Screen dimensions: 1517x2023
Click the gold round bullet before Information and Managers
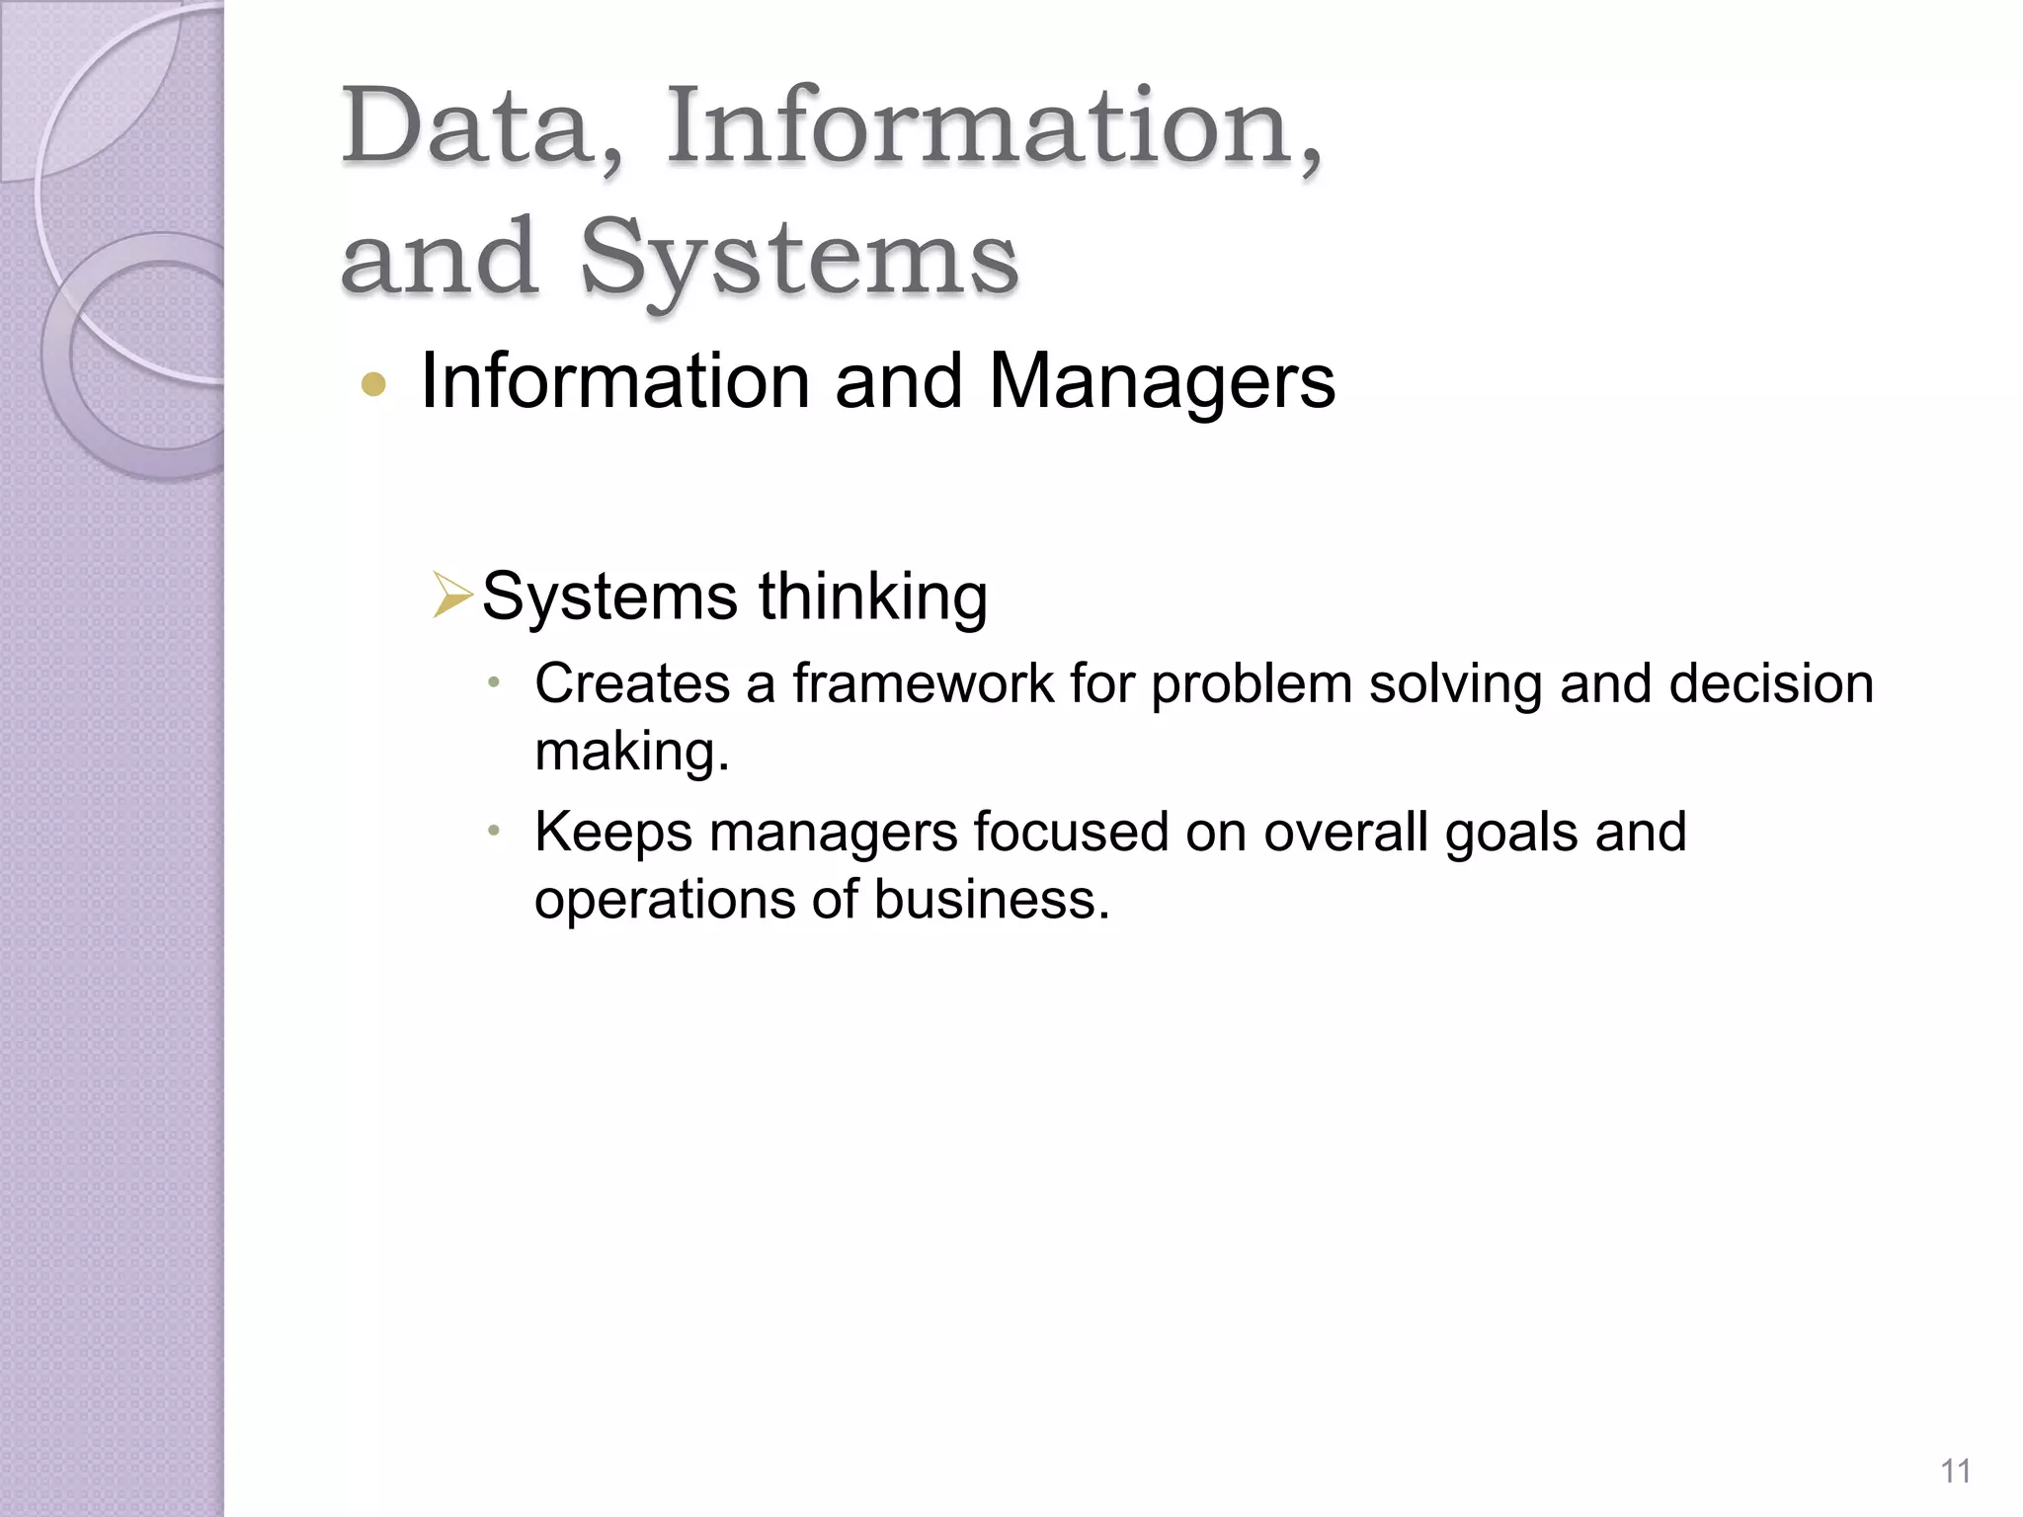click(373, 383)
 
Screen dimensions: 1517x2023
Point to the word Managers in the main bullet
click(1162, 381)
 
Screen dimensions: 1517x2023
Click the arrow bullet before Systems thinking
click(452, 597)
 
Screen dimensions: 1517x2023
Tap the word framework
click(923, 683)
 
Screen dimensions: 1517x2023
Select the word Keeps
click(613, 832)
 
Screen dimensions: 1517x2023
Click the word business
click(991, 900)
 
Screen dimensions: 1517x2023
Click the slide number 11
click(1955, 1472)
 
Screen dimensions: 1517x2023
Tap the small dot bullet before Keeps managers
click(495, 831)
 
